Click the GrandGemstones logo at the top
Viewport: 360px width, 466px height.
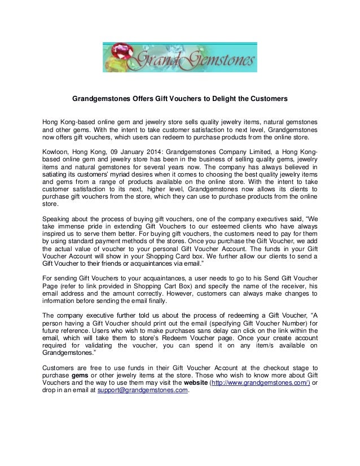point(179,58)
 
